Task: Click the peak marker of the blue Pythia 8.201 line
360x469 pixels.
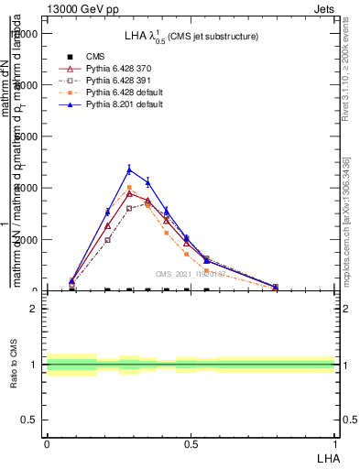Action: coord(129,169)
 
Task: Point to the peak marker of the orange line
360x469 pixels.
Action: coord(129,187)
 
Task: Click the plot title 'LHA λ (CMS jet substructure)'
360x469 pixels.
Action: coord(191,36)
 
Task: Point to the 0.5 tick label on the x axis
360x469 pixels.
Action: coord(191,442)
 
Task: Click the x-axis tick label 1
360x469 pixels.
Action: coord(334,442)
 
